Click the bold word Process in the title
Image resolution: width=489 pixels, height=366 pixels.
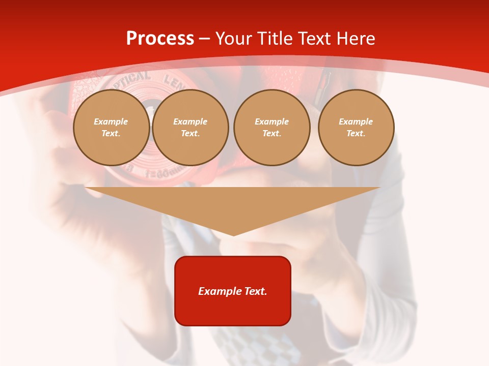click(x=160, y=39)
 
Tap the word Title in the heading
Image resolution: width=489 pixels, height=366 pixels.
click(x=273, y=39)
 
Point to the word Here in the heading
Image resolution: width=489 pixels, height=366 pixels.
click(x=357, y=39)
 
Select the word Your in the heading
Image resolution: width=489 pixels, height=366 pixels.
click(x=234, y=39)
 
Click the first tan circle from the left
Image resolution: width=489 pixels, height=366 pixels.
click(x=112, y=128)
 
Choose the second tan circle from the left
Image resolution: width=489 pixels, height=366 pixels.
click(x=191, y=128)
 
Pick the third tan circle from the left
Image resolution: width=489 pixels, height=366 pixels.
click(x=272, y=128)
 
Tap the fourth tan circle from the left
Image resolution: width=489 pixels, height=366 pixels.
click(x=356, y=128)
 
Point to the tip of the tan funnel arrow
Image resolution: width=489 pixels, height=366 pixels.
click(x=233, y=235)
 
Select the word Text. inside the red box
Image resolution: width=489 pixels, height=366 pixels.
click(x=256, y=291)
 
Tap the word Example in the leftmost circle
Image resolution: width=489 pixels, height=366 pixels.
click(x=111, y=121)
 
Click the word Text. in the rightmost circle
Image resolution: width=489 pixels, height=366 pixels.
click(x=356, y=134)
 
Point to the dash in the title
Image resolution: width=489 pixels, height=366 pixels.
click(x=204, y=39)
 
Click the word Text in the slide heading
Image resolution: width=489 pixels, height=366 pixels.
click(x=312, y=39)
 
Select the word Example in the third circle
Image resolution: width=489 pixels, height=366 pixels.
click(x=272, y=121)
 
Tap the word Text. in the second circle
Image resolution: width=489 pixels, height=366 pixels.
click(x=191, y=134)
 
